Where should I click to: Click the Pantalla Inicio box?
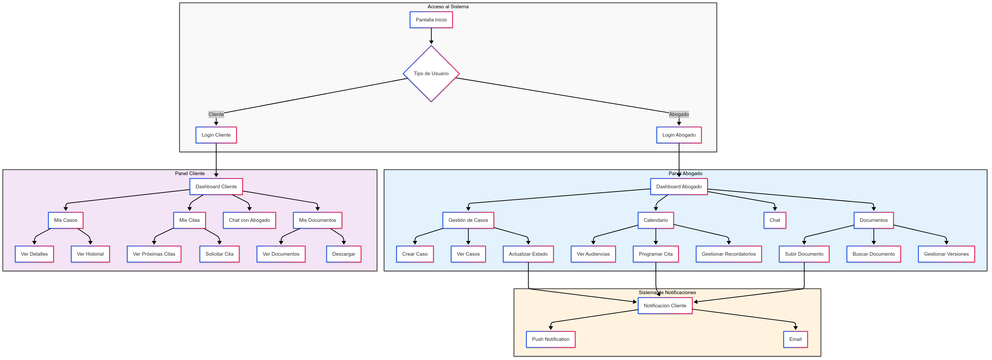[x=431, y=20]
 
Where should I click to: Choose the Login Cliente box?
[x=216, y=135]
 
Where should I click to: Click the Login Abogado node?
[x=679, y=135]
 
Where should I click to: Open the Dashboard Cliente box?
[x=216, y=186]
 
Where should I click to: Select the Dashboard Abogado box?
[x=679, y=186]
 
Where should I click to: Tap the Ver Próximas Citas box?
[x=154, y=254]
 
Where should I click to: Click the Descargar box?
[x=344, y=254]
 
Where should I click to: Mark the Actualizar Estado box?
[x=528, y=254]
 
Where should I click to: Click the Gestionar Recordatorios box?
[x=729, y=254]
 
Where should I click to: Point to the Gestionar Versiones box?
[x=946, y=254]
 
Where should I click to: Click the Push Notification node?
[x=550, y=339]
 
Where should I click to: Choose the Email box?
[x=795, y=339]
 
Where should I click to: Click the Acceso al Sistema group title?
[x=448, y=6]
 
